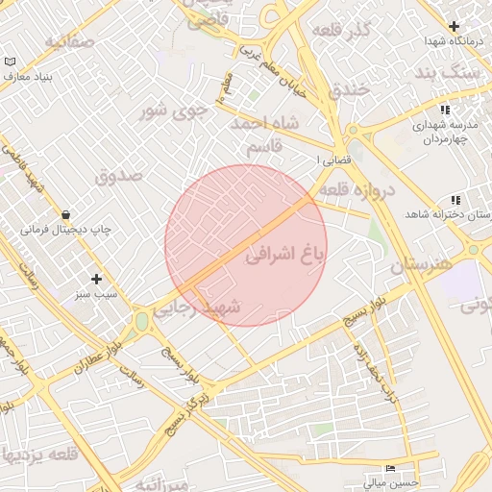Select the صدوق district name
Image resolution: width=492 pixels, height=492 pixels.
[119, 176]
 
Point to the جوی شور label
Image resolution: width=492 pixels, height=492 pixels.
[175, 110]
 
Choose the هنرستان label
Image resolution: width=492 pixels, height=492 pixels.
[421, 264]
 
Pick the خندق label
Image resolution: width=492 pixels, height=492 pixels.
[348, 91]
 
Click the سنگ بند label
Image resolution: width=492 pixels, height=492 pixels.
[449, 73]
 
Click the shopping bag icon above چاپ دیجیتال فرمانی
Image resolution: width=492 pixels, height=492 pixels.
[65, 214]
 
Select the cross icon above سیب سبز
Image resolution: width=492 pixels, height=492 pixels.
[96, 279]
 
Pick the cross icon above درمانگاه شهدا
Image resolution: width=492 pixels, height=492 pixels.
[454, 26]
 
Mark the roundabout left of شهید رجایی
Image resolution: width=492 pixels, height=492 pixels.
[142, 318]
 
